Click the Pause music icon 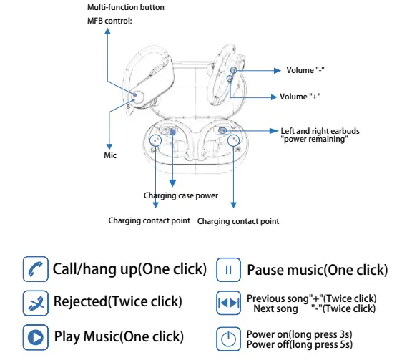click(228, 270)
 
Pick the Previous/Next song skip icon click(228, 303)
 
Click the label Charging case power click(180, 195)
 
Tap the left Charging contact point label click(149, 220)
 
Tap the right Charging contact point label click(237, 221)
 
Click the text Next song click(275, 308)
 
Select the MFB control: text click(109, 20)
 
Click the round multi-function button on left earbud click(137, 97)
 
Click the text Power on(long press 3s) click(299, 334)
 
